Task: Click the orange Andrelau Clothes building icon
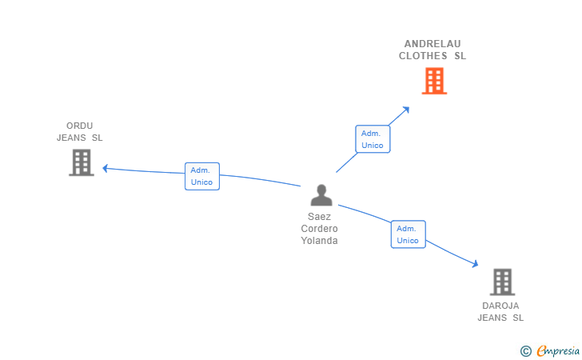tap(434, 81)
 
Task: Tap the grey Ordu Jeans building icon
tap(81, 162)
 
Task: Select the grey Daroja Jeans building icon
tap(502, 282)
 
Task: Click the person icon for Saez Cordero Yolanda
tap(321, 195)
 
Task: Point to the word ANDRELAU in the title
tap(433, 44)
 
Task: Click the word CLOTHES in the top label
tap(423, 56)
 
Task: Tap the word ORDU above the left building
tap(80, 126)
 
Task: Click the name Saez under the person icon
tap(319, 217)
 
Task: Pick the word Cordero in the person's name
tap(319, 229)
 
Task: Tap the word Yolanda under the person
tap(319, 241)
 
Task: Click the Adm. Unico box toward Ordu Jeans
tap(201, 176)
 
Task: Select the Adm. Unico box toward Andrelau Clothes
tap(373, 139)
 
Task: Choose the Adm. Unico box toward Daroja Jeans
tap(408, 234)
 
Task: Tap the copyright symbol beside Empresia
tap(525, 350)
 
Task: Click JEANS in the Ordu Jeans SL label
tap(70, 138)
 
